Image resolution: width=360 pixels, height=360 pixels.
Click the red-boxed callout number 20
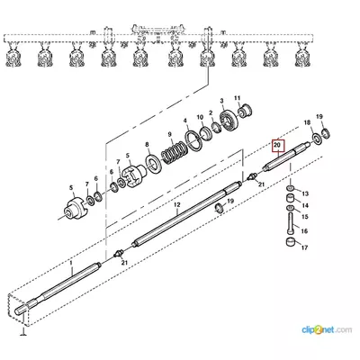point(277,146)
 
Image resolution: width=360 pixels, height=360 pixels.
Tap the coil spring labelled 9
point(173,153)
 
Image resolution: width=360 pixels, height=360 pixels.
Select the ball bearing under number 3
point(229,121)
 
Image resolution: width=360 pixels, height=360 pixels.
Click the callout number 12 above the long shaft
point(177,204)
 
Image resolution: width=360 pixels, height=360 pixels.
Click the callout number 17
point(304,247)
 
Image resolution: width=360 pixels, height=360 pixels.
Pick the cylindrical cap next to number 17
point(290,241)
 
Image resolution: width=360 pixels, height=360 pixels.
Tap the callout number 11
point(238,98)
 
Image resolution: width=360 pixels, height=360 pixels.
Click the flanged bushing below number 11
point(245,111)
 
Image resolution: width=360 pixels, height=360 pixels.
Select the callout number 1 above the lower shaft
point(71,263)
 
